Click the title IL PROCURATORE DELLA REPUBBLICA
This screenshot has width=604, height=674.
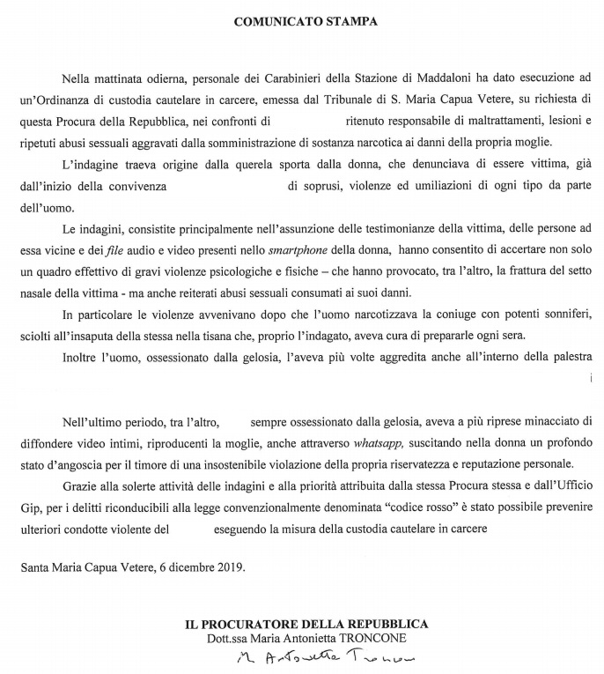pos(306,623)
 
